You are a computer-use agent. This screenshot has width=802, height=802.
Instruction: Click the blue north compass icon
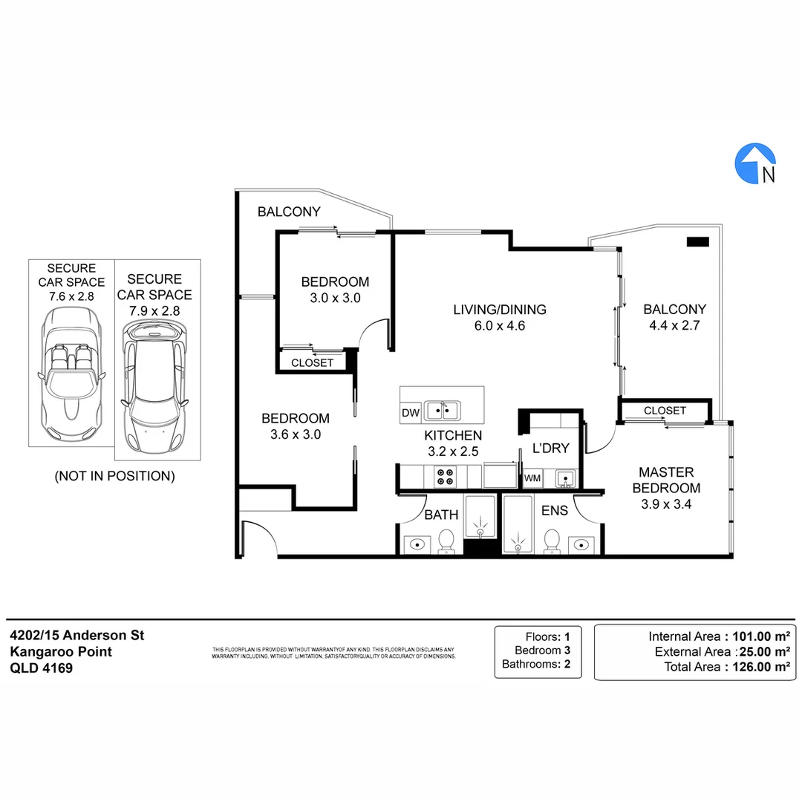pos(755,163)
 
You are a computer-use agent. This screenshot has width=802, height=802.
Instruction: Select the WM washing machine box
pos(532,478)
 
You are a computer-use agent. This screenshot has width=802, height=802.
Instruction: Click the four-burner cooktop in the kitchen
pos(445,476)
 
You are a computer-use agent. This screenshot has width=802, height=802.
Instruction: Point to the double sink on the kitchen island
pos(442,410)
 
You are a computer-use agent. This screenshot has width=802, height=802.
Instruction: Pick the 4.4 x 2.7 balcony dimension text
pos(674,325)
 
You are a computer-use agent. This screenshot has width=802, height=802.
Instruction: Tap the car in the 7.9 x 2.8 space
pos(155,390)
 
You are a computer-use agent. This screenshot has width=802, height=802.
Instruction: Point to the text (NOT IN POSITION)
pos(115,476)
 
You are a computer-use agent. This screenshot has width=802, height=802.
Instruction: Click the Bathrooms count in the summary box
pos(567,665)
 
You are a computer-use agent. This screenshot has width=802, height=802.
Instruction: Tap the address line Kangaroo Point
pos(61,651)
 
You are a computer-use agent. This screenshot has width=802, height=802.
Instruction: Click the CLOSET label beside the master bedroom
pos(665,411)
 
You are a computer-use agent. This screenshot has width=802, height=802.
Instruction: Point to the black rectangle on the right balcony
pos(697,241)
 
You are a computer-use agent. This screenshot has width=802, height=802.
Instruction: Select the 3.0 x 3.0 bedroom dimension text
pos(335,298)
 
